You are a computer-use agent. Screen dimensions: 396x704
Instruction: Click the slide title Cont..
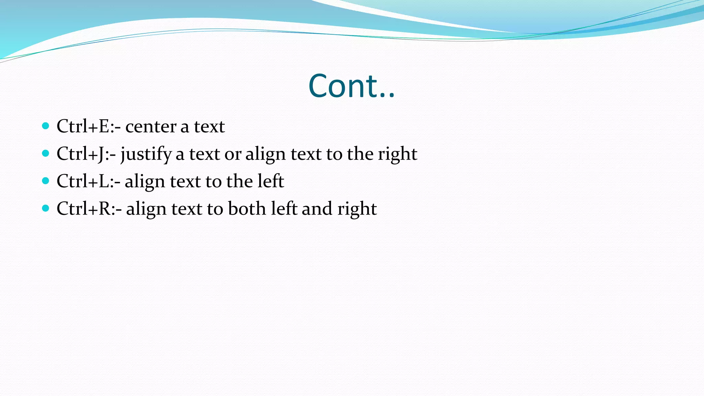(x=351, y=86)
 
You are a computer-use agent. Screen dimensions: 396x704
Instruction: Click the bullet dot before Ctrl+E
(x=45, y=126)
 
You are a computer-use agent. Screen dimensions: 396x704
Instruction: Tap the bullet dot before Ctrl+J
(x=45, y=153)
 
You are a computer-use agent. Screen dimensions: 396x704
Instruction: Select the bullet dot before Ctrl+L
(x=45, y=181)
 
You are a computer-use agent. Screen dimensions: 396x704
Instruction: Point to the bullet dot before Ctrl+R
(x=45, y=208)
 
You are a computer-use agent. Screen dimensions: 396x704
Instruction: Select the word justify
(x=146, y=155)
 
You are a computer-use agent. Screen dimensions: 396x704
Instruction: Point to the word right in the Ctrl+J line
(x=398, y=155)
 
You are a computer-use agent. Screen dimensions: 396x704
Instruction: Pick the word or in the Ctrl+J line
(x=233, y=155)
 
